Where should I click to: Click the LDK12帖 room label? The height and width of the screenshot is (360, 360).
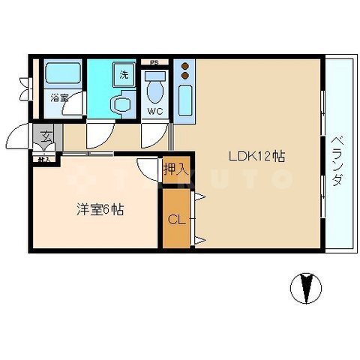point(256,157)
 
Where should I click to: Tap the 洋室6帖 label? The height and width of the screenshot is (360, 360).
point(99,211)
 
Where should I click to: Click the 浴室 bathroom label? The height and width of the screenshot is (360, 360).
point(59,97)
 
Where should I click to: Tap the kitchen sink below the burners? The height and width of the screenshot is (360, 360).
point(185,100)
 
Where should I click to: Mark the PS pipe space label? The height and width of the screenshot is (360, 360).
point(154,62)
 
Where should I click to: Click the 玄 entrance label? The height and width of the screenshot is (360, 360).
point(46,136)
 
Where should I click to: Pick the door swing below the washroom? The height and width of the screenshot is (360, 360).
point(97,135)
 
